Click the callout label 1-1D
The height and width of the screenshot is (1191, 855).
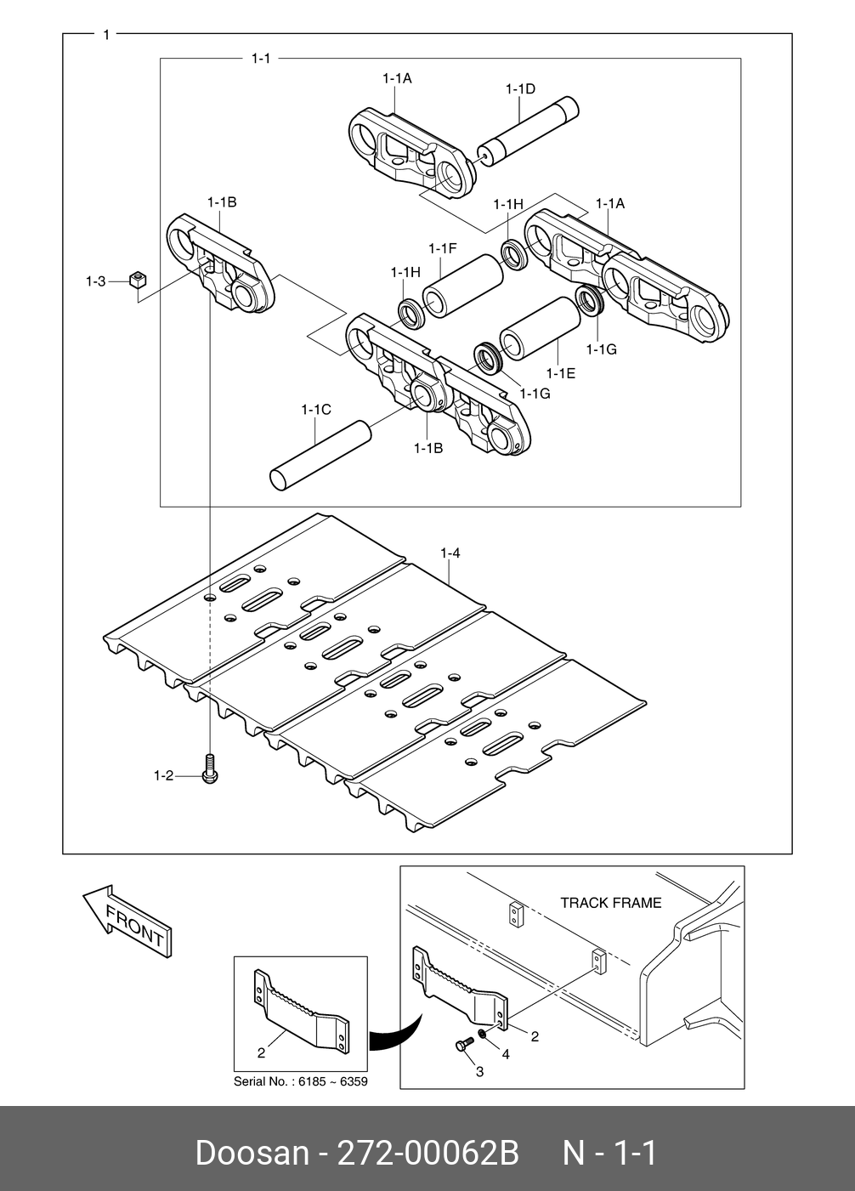point(520,88)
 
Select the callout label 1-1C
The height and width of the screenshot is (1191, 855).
point(315,410)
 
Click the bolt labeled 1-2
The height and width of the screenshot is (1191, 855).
point(210,768)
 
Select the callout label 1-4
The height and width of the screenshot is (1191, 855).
point(450,553)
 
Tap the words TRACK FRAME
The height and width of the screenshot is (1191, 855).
point(610,903)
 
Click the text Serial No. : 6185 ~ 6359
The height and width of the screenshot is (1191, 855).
point(301,1082)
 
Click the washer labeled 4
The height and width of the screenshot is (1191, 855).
point(482,1033)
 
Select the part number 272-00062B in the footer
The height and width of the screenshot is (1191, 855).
point(429,1154)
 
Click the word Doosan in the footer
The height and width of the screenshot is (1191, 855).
point(252,1154)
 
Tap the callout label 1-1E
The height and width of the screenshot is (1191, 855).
point(561,372)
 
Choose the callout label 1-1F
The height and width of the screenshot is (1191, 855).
point(443,248)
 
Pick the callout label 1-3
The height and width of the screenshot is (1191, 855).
point(95,281)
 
